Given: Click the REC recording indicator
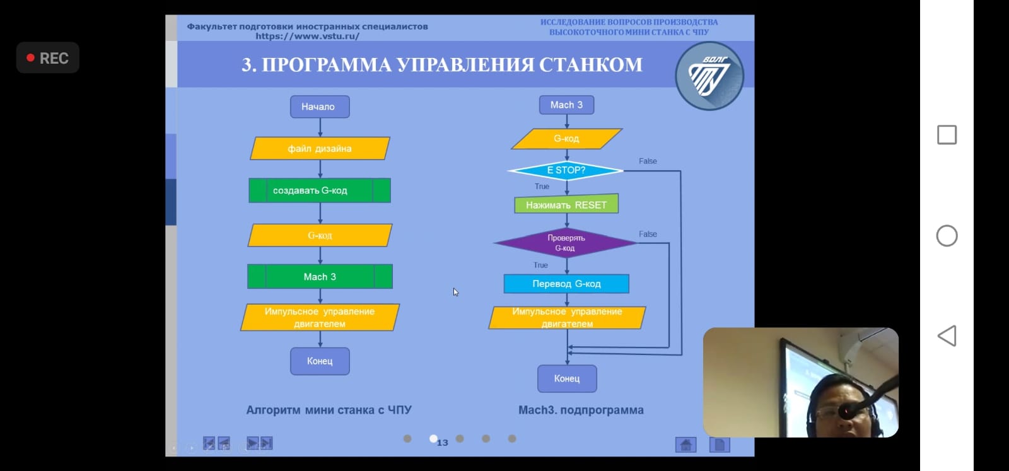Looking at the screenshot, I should (x=48, y=58).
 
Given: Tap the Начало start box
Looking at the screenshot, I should (x=320, y=107).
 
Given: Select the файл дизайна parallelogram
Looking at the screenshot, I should (x=320, y=149).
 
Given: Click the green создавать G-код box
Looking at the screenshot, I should (x=320, y=190).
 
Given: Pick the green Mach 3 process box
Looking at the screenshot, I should (x=320, y=277).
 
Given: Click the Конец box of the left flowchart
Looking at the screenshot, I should (x=320, y=361).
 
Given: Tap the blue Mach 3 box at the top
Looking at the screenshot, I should (x=566, y=105).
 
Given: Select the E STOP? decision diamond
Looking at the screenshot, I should (x=566, y=170).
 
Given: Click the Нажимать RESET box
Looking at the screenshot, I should (x=566, y=205).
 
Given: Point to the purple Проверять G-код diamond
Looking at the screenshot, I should (x=566, y=243).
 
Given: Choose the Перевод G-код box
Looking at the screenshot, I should (x=566, y=284).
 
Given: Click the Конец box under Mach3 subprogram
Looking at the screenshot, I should (x=567, y=378).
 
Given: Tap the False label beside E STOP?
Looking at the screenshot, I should (x=648, y=161).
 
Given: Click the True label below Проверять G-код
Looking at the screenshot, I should (x=540, y=265).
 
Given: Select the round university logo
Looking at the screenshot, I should (x=709, y=76).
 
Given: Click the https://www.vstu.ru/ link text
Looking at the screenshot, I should (x=307, y=36).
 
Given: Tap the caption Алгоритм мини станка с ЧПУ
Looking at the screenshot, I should (x=329, y=410).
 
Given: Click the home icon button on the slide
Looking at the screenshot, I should (x=685, y=445).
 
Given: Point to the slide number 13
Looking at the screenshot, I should (x=443, y=443).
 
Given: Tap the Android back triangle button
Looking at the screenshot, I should (x=947, y=336).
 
